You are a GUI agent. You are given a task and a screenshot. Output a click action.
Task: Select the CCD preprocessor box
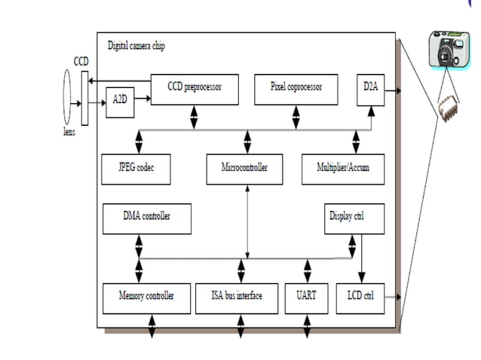195,88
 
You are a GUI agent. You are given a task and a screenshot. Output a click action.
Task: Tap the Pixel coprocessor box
296,88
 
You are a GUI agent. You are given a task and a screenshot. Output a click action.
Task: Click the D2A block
369,88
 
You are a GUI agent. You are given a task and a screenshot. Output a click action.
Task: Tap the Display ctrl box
354,217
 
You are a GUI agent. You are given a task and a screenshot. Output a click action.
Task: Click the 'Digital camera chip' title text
136,47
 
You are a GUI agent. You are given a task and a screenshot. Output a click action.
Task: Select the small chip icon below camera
449,110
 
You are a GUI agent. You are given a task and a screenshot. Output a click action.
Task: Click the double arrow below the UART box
306,326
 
